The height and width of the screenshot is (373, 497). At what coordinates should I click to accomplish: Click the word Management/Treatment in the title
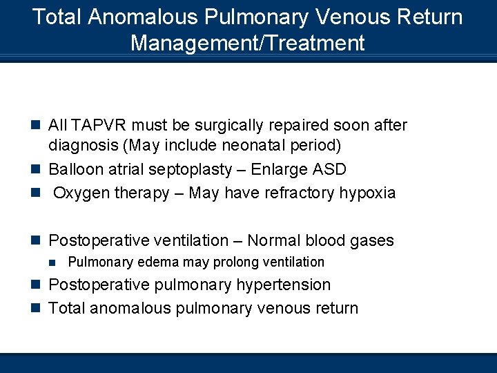pos(247,43)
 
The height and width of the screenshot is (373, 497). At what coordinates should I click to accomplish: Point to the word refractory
pos(298,193)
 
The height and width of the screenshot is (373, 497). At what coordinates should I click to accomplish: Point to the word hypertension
pos(283,285)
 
